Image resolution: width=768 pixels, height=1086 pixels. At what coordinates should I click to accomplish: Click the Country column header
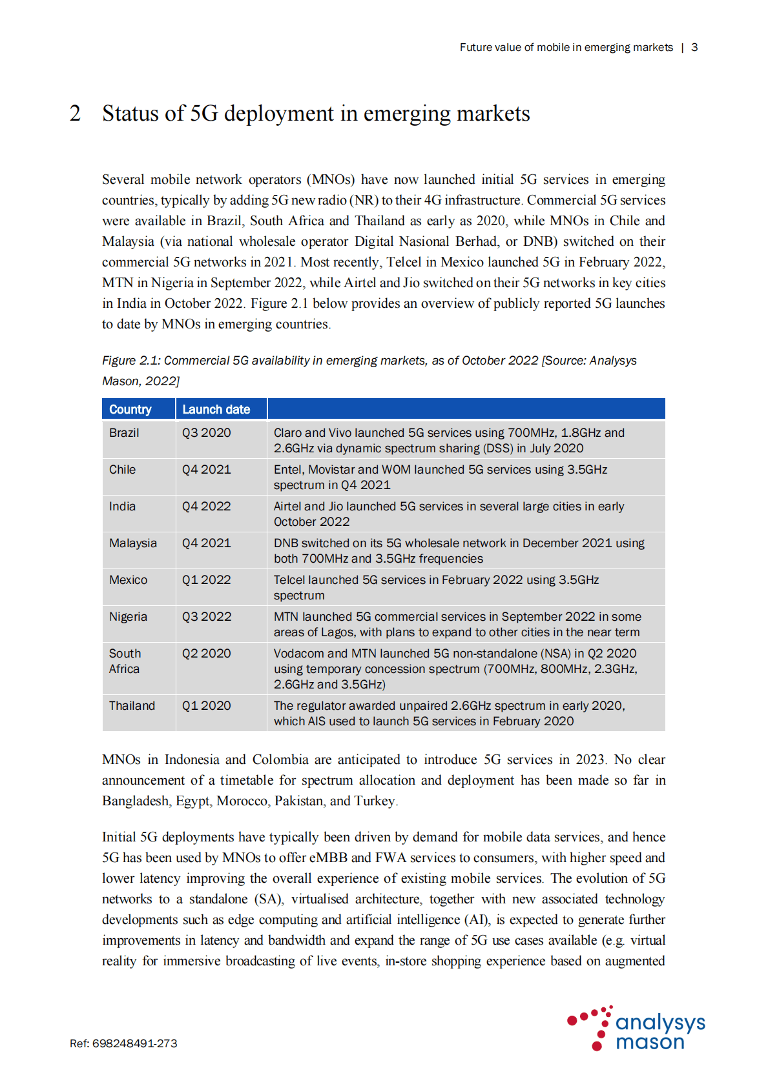point(130,409)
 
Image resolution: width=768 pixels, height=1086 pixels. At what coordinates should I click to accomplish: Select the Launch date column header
point(216,409)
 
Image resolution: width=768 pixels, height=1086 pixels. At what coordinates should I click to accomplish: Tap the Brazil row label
point(124,432)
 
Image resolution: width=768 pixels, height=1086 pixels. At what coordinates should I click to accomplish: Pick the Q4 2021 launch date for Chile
point(206,469)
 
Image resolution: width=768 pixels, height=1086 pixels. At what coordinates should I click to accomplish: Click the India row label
point(122,506)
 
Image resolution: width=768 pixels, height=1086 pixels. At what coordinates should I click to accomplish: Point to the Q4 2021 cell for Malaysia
point(206,543)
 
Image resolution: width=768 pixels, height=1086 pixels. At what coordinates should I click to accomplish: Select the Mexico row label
point(128,579)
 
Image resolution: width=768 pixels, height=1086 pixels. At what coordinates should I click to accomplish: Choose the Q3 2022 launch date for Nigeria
point(206,616)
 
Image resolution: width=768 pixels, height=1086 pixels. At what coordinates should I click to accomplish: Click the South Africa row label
point(125,661)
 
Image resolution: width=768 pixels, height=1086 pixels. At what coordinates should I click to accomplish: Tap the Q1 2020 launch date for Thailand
point(206,705)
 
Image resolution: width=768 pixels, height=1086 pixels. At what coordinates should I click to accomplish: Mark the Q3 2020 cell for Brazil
point(206,432)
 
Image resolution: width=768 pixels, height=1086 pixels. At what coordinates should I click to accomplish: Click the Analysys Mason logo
point(636,1028)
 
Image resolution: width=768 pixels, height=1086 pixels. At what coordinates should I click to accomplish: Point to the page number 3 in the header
point(694,47)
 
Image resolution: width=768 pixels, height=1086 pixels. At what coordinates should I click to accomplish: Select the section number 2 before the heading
point(76,114)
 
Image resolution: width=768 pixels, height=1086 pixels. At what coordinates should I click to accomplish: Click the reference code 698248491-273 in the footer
point(134,1043)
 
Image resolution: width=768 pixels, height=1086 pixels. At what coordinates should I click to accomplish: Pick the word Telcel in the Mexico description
point(293,579)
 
